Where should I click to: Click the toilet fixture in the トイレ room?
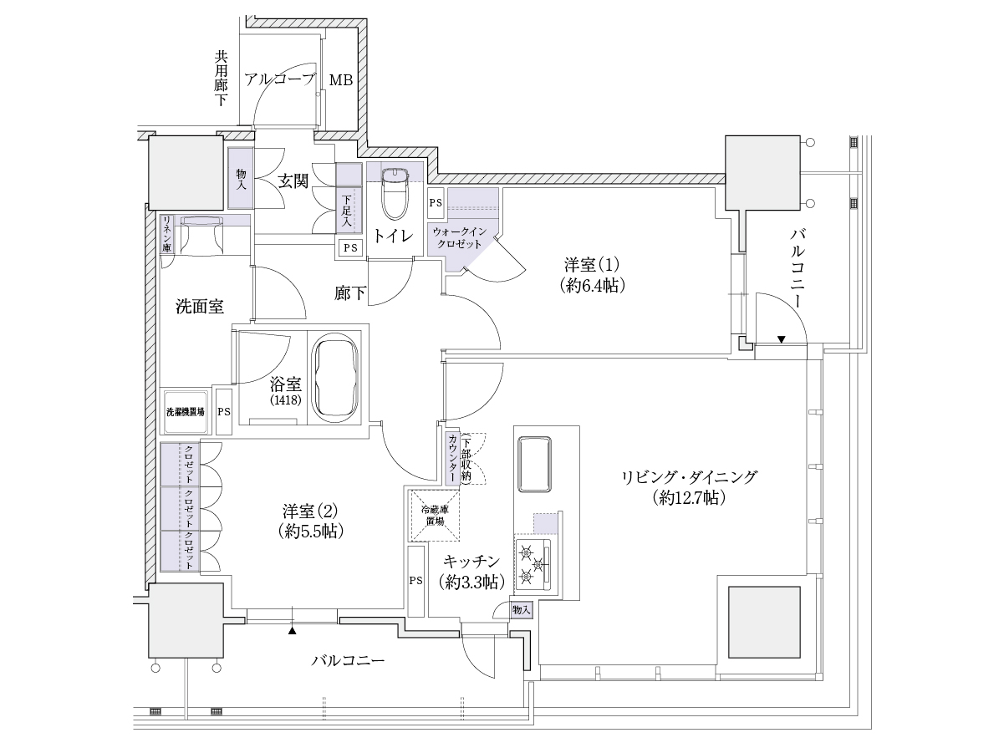[395, 194]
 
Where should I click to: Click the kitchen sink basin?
[534, 464]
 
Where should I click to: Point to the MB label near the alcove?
[341, 80]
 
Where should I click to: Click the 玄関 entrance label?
[293, 181]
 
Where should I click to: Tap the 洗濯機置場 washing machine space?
[186, 411]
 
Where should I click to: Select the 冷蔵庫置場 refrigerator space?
[435, 516]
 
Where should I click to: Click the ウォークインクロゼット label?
[459, 238]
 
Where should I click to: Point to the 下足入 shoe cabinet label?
[346, 211]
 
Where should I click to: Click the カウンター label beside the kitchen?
[452, 458]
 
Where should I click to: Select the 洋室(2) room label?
[310, 521]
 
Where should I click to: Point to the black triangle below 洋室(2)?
[293, 631]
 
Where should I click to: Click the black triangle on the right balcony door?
[782, 339]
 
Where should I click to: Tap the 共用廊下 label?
[221, 79]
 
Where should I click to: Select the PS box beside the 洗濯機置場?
[224, 411]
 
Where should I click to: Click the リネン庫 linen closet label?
[166, 234]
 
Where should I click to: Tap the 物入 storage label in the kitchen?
[521, 610]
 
